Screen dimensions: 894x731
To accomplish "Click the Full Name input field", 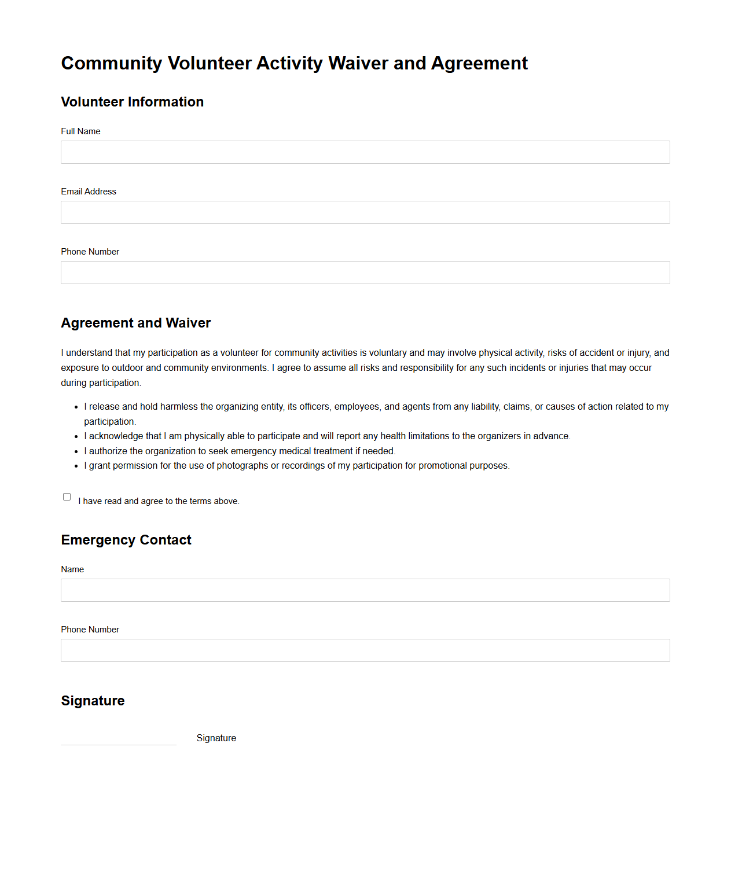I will [365, 152].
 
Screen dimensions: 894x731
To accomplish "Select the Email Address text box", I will [365, 212].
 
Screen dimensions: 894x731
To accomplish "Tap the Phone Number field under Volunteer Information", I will [365, 273].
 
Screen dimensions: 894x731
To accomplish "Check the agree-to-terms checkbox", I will [67, 497].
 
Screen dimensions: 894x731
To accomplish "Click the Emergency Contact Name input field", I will [365, 590].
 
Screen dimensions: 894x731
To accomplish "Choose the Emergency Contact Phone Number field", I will [365, 650].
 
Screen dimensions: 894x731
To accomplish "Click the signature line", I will [119, 741].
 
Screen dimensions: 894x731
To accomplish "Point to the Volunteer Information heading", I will [132, 102].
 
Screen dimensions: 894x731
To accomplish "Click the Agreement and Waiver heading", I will [135, 323].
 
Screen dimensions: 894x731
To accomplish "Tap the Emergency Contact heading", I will [126, 540].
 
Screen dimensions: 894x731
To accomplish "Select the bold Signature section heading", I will [93, 701].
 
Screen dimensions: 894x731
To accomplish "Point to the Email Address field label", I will [89, 192].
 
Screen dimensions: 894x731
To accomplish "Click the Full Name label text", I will [80, 131].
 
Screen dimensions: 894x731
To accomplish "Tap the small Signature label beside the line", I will [216, 738].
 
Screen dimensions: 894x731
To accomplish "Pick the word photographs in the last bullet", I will [242, 466].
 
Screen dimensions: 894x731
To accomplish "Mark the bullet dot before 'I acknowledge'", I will [76, 436].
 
